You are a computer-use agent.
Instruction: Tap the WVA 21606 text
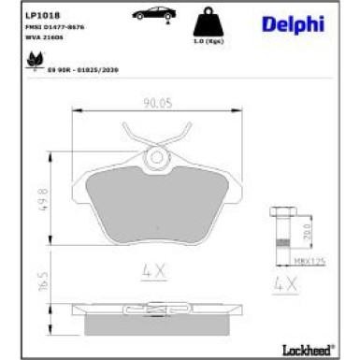coord(37,37)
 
